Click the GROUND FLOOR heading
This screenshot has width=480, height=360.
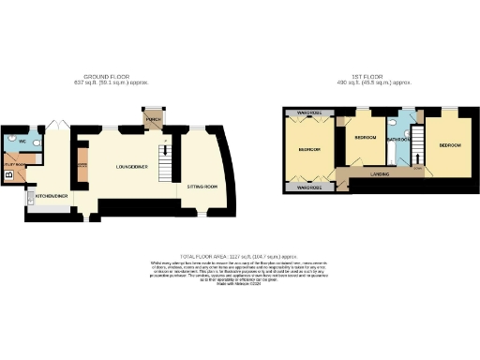(x=105, y=77)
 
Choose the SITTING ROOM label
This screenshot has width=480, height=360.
(x=202, y=187)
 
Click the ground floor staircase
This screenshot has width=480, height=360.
(x=166, y=167)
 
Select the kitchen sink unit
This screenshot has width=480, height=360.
(x=31, y=197)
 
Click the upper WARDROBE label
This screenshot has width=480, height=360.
(x=309, y=112)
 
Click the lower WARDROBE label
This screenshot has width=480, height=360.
(x=309, y=187)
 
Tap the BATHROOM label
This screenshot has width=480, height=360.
(x=400, y=139)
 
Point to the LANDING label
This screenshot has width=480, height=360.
(x=380, y=173)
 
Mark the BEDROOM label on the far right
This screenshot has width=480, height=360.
(x=450, y=145)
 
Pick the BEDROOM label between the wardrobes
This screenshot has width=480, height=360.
(x=309, y=149)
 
